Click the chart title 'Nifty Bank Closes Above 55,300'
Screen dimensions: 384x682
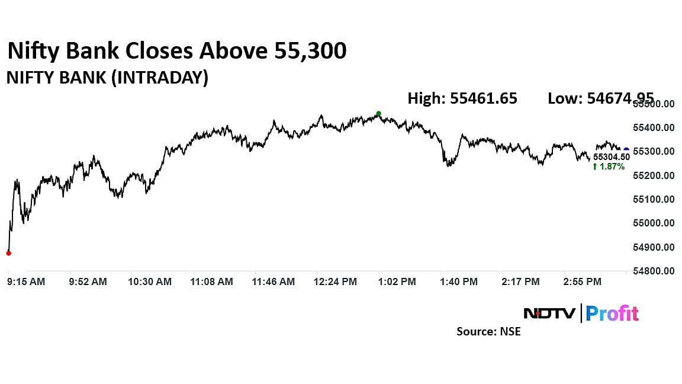(176, 52)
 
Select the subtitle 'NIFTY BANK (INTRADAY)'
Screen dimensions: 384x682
(107, 78)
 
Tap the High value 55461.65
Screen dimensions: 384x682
(462, 98)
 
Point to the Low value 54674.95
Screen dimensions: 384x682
(600, 98)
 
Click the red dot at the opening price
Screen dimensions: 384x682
(8, 253)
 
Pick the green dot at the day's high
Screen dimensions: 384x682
(379, 114)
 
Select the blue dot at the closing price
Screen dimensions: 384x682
(626, 151)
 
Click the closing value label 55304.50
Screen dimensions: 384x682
(611, 157)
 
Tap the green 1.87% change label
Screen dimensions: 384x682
(608, 167)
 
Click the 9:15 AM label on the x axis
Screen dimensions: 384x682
(25, 282)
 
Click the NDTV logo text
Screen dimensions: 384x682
(549, 313)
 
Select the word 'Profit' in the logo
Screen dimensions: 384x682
(612, 313)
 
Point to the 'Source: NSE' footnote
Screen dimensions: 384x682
(488, 332)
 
